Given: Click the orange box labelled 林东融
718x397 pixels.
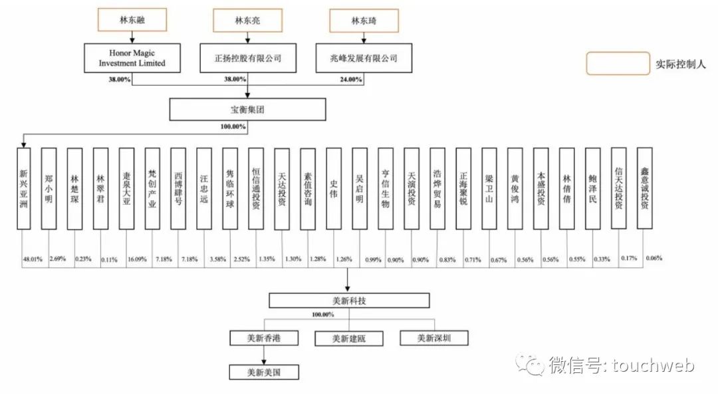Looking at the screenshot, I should tap(132, 20).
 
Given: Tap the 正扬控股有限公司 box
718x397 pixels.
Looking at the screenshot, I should tap(248, 58).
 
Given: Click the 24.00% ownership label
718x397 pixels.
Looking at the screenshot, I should tap(351, 80).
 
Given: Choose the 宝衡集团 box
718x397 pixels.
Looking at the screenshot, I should tap(247, 109).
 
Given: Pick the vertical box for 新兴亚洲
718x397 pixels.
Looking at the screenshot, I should tap(23, 189).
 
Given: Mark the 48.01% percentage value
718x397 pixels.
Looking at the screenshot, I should tap(33, 258).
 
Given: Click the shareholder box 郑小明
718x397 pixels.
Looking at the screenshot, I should tap(49, 189).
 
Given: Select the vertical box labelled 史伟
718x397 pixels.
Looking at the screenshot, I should tap(334, 189).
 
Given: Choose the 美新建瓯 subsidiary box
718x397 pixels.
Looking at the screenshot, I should tap(349, 338).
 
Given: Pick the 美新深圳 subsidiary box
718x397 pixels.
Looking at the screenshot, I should tap(434, 338).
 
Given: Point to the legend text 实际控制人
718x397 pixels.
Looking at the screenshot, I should tap(681, 64).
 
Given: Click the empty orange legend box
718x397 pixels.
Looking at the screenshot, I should tap(618, 64).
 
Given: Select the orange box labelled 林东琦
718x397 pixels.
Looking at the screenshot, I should tap(365, 20).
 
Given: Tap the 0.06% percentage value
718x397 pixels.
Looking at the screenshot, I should tap(654, 258).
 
